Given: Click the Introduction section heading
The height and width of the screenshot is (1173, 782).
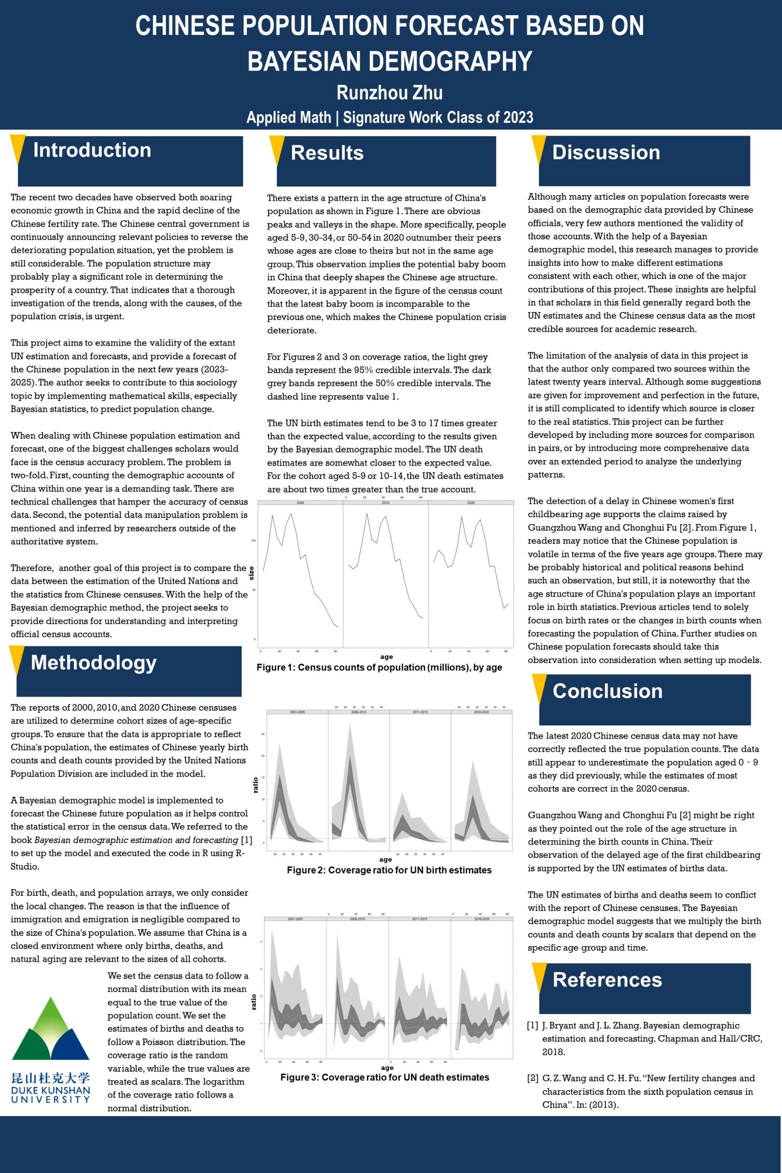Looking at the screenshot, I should [x=92, y=150].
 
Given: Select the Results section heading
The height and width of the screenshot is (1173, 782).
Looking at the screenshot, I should [x=327, y=153].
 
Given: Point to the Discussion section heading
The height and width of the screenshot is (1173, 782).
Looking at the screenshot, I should [x=606, y=153].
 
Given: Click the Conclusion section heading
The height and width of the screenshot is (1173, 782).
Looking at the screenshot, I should [x=607, y=691].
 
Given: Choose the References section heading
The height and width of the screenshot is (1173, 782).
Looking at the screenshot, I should [x=607, y=980].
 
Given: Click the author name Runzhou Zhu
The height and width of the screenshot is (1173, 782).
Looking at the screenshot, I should [x=389, y=93].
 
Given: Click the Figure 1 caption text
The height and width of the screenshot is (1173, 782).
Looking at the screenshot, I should [x=379, y=667].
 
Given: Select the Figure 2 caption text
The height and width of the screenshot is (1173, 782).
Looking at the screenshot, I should [x=389, y=870].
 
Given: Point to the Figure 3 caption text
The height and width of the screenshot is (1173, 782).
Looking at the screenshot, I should [x=384, y=1077].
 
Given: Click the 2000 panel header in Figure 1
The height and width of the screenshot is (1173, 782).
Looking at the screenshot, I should [x=300, y=503].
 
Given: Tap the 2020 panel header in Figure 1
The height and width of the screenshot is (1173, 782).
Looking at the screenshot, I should [x=471, y=503].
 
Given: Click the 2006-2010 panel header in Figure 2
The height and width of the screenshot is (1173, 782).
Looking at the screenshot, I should [x=359, y=712].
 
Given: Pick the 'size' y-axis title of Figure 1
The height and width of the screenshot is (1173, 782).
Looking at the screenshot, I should [x=252, y=574].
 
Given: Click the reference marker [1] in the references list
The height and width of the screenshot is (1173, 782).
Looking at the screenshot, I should [x=533, y=1026].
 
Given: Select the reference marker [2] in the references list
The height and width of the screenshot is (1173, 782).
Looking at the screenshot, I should [x=533, y=1078].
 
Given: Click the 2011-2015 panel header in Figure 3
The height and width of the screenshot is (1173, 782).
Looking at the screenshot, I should [x=420, y=919].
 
